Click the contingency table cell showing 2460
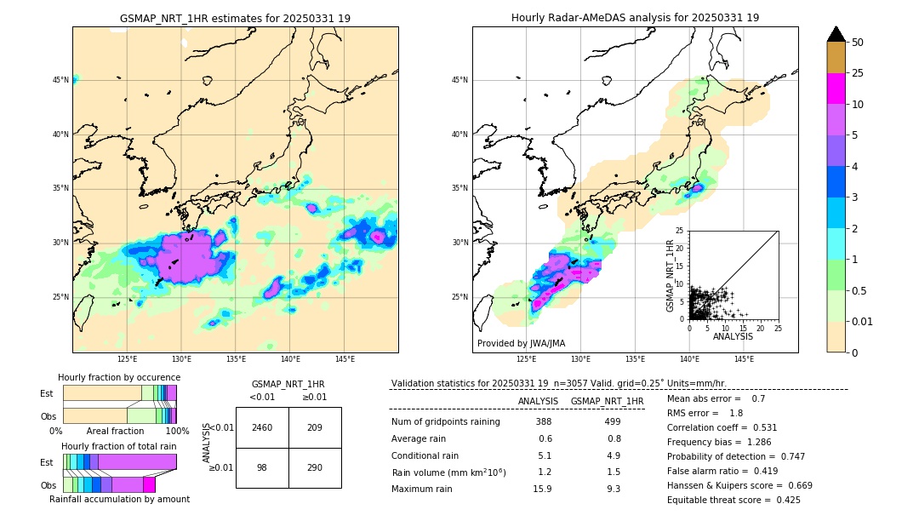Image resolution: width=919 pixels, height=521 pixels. click(262, 427)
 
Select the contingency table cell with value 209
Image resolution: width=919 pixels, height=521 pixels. click(315, 427)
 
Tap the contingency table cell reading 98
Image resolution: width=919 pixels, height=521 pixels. click(262, 468)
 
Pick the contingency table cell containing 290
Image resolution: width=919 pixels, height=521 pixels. click(315, 468)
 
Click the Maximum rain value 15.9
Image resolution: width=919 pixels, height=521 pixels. click(543, 489)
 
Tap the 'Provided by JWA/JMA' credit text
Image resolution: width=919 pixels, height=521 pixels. click(521, 343)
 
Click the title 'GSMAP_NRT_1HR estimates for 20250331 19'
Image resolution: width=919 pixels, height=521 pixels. click(235, 18)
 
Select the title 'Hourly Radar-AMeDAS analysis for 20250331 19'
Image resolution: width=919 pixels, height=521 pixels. click(635, 18)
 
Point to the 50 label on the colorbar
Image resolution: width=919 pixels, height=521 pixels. click(858, 43)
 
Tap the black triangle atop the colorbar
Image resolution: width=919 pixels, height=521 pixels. click(836, 34)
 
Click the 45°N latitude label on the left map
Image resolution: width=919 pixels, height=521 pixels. click(60, 80)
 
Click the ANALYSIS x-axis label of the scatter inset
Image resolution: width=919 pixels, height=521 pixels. click(733, 336)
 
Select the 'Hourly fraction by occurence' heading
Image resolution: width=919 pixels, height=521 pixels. click(119, 377)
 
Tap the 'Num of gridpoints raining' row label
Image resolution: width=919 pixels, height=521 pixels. click(445, 421)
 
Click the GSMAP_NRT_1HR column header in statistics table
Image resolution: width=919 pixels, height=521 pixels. click(607, 401)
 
